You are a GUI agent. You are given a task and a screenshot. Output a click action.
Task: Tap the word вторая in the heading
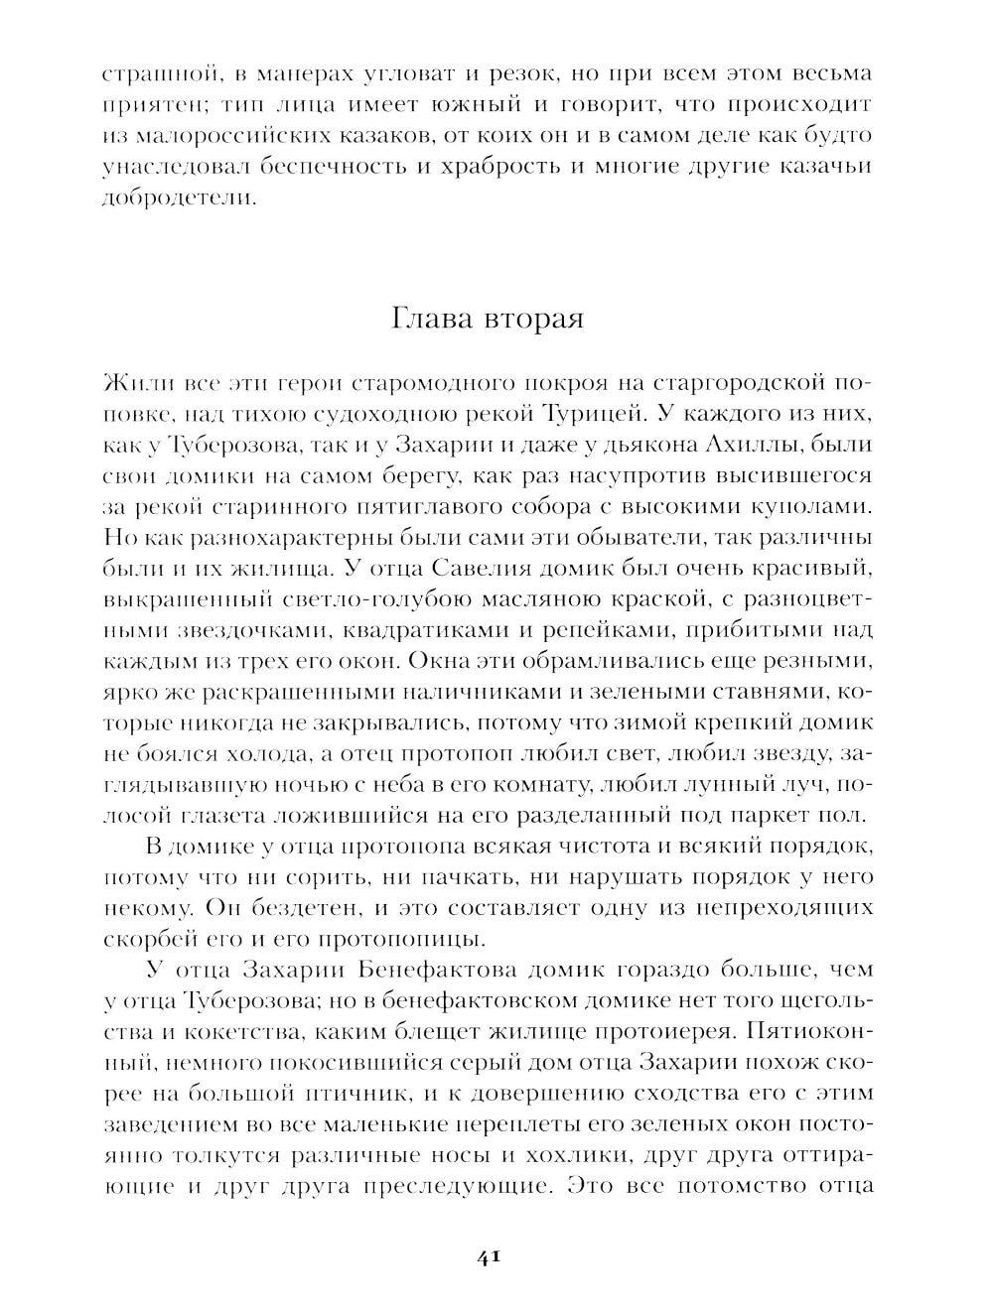[x=533, y=320]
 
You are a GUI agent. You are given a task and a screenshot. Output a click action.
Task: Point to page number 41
[x=487, y=1256]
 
